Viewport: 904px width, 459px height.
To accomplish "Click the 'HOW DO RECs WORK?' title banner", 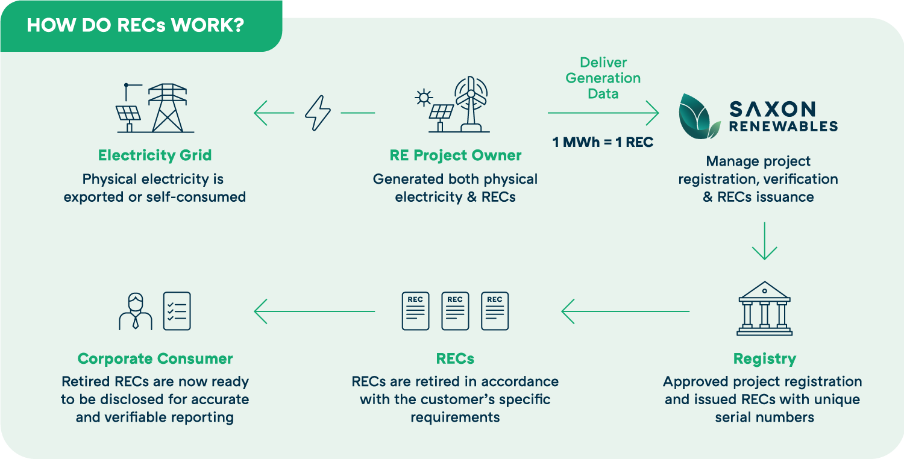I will click(135, 27).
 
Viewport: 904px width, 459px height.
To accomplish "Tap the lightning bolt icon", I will click(318, 113).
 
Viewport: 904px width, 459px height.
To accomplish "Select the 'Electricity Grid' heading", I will click(155, 155).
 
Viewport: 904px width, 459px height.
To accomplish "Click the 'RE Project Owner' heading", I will click(455, 155).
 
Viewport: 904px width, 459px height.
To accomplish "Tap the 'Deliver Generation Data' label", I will click(603, 78).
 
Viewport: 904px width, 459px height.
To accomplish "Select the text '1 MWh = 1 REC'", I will click(603, 143).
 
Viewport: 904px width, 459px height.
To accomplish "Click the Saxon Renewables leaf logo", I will click(699, 116).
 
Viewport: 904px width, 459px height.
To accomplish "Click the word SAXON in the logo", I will click(772, 109).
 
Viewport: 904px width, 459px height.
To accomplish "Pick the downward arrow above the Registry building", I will click(764, 241).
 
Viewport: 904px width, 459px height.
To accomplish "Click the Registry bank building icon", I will click(764, 308).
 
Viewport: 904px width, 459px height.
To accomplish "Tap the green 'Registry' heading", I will click(764, 359).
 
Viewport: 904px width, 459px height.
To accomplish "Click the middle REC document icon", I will click(455, 311).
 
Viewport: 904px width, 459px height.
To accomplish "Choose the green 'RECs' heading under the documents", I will click(455, 359).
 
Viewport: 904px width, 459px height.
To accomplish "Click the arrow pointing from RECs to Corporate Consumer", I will click(314, 311).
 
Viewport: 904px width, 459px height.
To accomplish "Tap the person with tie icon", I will click(136, 311).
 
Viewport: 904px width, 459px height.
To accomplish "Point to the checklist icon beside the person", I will click(177, 311).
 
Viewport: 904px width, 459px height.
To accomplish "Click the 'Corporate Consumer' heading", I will click(155, 359).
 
